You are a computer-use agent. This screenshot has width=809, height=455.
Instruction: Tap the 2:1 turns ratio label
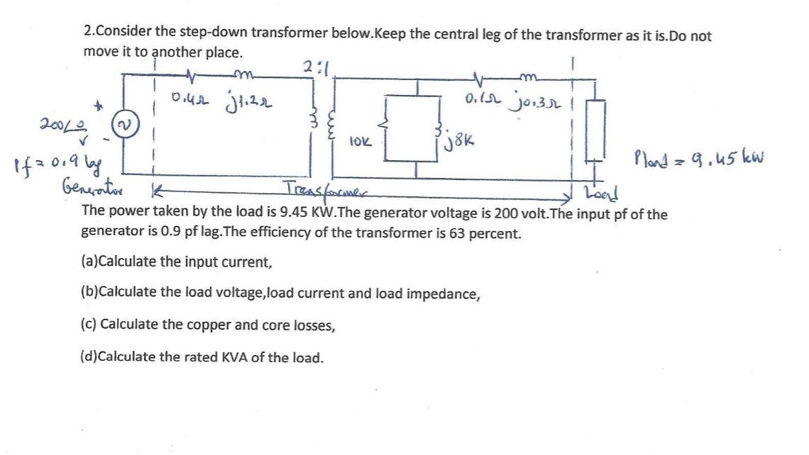point(312,69)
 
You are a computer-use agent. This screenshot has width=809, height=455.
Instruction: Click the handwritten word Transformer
point(327,186)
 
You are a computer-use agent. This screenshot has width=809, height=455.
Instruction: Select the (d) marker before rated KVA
point(89,357)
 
